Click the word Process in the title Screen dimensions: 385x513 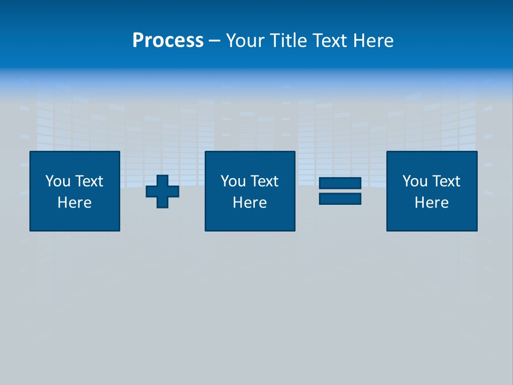pos(168,41)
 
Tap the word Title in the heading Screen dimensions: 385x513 pos(287,41)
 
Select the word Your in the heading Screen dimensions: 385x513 pos(246,41)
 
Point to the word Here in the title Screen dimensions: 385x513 pos(374,41)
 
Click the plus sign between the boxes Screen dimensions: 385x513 pos(162,191)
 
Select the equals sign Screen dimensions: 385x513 pos(340,191)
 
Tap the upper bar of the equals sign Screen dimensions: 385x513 pos(340,183)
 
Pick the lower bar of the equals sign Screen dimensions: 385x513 pos(340,198)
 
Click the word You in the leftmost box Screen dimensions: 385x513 pos(58,181)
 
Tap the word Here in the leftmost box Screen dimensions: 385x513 pos(75,203)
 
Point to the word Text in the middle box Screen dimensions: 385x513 pos(265,181)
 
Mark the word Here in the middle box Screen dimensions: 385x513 pos(250,203)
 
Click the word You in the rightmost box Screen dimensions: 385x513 pos(415,181)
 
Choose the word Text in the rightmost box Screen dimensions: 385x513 pos(446,181)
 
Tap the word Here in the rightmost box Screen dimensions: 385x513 pos(432,203)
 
